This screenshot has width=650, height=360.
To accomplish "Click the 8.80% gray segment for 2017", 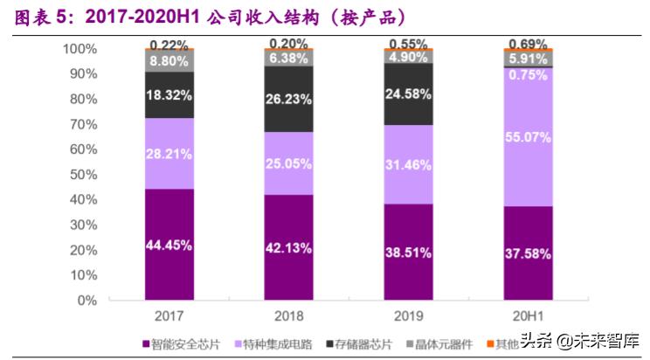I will [169, 61].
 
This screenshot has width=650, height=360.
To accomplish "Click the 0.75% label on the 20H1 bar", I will [528, 75].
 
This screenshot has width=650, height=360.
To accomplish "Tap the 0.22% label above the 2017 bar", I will [169, 45].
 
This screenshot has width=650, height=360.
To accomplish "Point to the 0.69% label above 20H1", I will [528, 44].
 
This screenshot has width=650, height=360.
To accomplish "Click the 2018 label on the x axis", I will [289, 315].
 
